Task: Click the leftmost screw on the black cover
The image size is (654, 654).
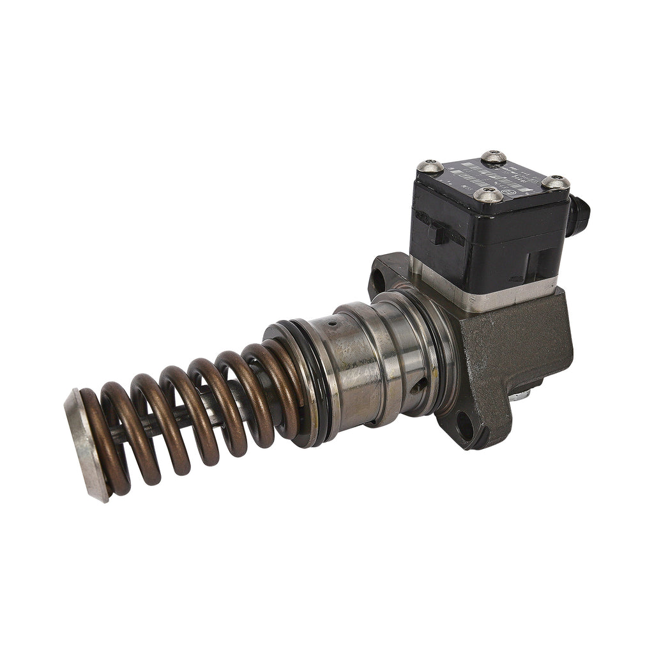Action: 430,167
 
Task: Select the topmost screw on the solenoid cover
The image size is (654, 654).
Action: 494,156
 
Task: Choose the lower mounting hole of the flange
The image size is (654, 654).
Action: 466,426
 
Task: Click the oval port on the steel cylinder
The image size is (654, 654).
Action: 418,387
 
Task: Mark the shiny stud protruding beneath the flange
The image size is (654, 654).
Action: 522,397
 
